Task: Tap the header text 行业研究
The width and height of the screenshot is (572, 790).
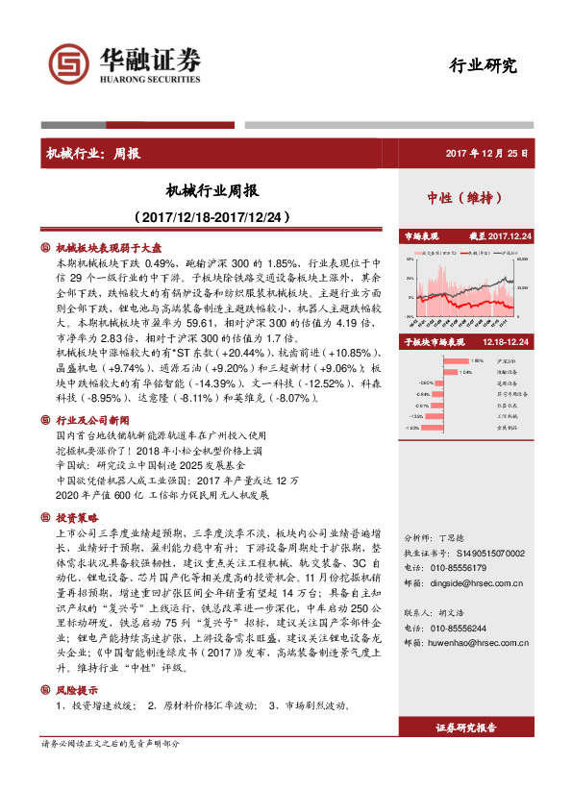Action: coord(483,65)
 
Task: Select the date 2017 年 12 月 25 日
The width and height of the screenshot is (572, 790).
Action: coord(486,153)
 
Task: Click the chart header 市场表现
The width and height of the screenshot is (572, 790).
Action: coord(421,235)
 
